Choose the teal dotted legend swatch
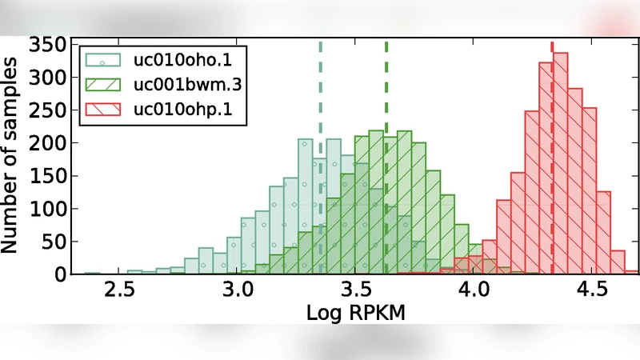click(103, 60)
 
